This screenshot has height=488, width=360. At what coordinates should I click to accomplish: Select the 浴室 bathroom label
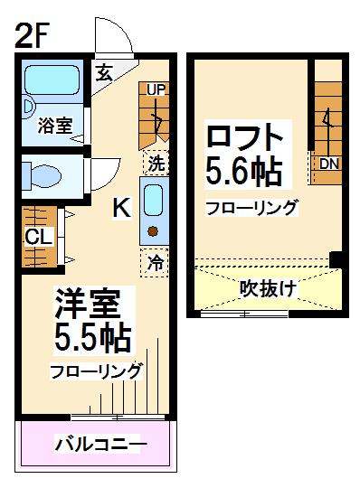[53, 127]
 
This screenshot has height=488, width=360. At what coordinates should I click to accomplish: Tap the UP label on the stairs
[156, 89]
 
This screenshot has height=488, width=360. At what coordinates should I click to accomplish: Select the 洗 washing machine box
[156, 164]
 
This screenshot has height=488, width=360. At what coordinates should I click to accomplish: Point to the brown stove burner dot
[153, 231]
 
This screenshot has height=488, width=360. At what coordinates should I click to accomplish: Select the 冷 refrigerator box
[156, 263]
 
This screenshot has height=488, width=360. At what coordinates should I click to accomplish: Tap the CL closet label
[38, 237]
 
